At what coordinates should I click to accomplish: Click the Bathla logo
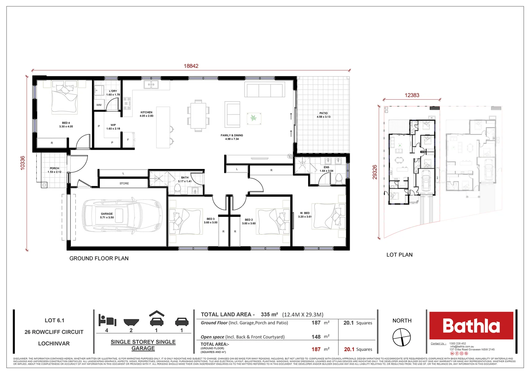pyautogui.click(x=471, y=326)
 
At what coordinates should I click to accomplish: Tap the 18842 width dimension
pyautogui.click(x=191, y=66)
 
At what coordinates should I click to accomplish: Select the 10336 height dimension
pyautogui.click(x=22, y=163)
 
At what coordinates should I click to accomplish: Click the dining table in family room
pyautogui.click(x=198, y=115)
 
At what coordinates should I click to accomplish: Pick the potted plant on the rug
pyautogui.click(x=254, y=118)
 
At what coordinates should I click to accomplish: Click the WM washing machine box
pyautogui.click(x=99, y=105)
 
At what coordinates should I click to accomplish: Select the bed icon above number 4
pyautogui.click(x=107, y=320)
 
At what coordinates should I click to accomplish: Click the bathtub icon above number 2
pyautogui.click(x=131, y=322)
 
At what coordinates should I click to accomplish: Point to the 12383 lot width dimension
pyautogui.click(x=412, y=95)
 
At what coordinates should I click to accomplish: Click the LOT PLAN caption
pyautogui.click(x=399, y=255)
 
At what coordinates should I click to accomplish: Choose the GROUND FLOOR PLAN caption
pyautogui.click(x=99, y=258)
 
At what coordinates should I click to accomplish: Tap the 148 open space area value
pyautogui.click(x=316, y=337)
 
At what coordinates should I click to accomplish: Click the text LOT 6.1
pyautogui.click(x=54, y=320)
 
